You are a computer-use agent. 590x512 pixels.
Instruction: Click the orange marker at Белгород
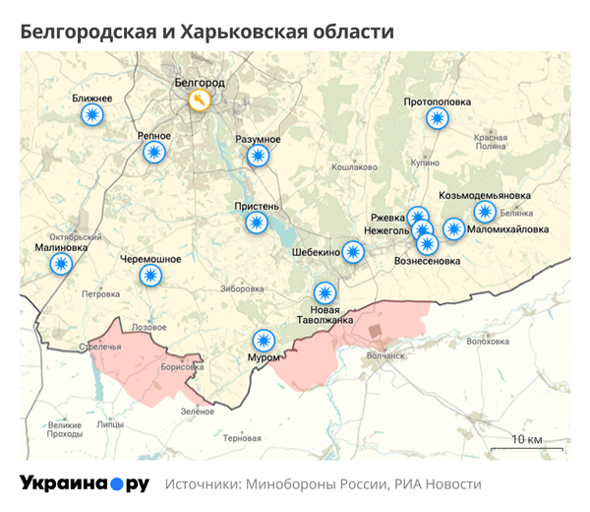click(200, 101)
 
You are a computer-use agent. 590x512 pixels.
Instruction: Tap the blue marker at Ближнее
click(92, 116)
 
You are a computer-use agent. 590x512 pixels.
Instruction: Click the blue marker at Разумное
click(258, 156)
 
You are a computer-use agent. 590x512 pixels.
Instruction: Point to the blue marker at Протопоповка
click(437, 118)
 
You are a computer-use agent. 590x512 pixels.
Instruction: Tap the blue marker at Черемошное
click(150, 276)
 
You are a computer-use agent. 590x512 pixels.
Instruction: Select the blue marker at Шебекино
click(353, 252)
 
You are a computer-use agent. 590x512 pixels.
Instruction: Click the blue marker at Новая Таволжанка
click(324, 292)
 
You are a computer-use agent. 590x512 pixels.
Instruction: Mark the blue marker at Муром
click(263, 340)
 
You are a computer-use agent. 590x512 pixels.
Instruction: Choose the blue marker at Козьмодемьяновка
click(485, 211)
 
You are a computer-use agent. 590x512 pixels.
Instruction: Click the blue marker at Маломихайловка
click(453, 229)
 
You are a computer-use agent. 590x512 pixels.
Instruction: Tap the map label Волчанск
click(384, 355)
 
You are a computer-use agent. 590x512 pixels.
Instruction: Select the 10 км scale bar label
click(527, 438)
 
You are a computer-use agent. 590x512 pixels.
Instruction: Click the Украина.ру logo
click(85, 483)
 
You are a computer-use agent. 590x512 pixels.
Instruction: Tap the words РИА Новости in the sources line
click(438, 484)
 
